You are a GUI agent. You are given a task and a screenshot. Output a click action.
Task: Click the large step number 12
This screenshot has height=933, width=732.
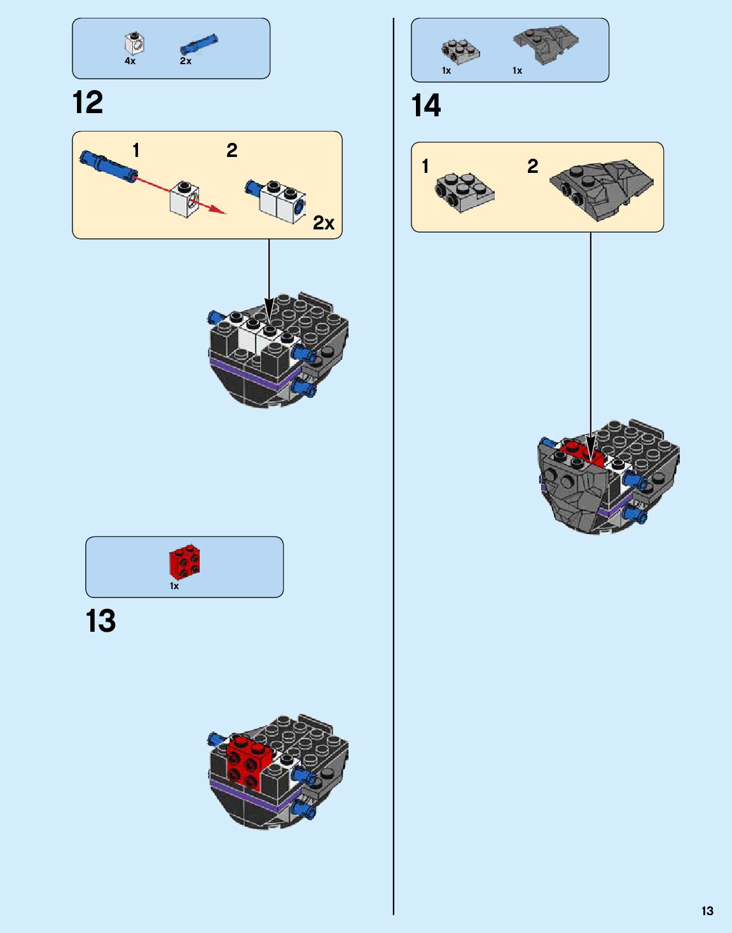coord(88,103)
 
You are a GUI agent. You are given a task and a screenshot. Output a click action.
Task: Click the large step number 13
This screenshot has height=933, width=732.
coord(100,621)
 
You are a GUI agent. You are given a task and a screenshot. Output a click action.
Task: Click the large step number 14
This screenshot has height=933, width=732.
coord(425,106)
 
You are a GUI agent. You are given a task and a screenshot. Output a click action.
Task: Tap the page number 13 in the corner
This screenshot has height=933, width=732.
coord(707,911)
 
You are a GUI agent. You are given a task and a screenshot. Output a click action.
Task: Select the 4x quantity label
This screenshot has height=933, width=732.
coord(130,61)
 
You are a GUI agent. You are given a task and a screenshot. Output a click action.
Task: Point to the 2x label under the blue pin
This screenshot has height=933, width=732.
coord(186,61)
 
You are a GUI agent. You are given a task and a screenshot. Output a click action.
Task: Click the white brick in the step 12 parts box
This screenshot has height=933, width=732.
coord(134,43)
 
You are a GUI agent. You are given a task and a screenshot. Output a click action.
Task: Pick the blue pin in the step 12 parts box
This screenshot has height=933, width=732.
coord(198,44)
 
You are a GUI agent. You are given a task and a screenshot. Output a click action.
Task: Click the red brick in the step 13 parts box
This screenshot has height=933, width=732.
coord(184,562)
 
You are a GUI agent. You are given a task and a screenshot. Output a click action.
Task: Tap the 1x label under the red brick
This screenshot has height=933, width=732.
coord(174,586)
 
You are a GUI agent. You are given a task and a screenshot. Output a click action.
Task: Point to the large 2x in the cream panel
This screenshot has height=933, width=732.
coord(323,223)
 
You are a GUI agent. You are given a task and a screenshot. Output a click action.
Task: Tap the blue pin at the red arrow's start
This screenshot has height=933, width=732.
coord(108,164)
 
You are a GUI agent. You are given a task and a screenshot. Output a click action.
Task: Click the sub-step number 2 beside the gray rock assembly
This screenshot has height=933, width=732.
coord(532,167)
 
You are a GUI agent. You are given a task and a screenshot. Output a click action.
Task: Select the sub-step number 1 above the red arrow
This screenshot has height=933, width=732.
coord(135,151)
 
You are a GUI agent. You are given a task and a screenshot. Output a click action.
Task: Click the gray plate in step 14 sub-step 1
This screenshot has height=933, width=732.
coord(464,191)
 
